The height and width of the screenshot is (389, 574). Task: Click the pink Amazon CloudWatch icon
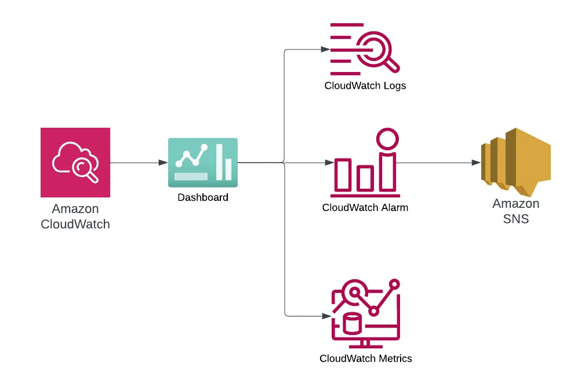click(x=75, y=163)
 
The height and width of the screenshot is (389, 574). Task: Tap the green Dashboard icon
click(x=203, y=163)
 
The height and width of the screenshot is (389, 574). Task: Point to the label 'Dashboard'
click(x=203, y=197)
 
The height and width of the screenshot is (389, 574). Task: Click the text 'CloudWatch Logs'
click(x=365, y=86)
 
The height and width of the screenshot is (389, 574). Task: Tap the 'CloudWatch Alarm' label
click(x=365, y=207)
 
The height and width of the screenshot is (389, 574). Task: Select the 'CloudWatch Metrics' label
click(x=365, y=358)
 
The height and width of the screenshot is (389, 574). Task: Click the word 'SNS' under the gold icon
click(x=516, y=219)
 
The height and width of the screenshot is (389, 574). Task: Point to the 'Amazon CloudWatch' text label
click(x=75, y=217)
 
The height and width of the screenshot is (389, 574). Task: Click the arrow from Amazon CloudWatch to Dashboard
click(x=139, y=163)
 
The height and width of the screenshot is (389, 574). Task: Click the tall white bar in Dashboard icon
click(x=219, y=161)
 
